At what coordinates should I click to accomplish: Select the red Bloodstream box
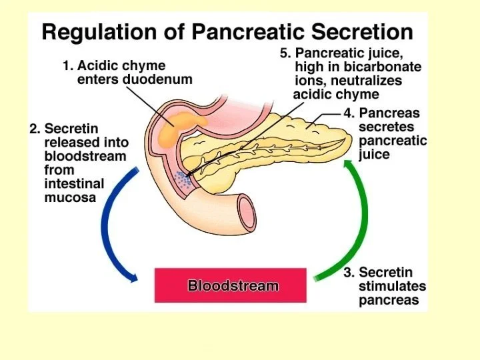(231, 285)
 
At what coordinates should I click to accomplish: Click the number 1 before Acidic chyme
(66, 66)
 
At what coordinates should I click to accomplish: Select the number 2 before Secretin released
(33, 129)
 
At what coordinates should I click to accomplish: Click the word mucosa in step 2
(70, 197)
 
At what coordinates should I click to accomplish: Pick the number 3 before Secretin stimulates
(348, 272)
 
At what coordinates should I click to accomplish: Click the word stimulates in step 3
(393, 286)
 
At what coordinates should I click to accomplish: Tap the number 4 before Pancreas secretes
(348, 113)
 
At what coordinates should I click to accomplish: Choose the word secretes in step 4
(386, 127)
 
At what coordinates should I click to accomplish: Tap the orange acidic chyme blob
(177, 123)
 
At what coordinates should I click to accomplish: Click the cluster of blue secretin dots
(182, 177)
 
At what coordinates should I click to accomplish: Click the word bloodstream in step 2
(85, 156)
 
